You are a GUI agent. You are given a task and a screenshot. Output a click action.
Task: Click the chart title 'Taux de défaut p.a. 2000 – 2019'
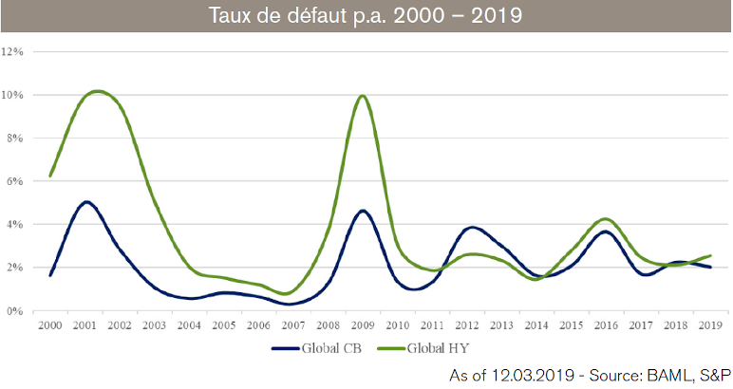(366, 17)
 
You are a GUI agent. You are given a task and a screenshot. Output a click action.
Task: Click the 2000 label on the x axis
(49, 324)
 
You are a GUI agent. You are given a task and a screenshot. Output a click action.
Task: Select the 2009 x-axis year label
(362, 324)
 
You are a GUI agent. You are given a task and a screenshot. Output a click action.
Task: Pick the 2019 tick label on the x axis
(708, 324)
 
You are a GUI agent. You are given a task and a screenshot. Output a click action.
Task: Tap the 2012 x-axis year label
(466, 324)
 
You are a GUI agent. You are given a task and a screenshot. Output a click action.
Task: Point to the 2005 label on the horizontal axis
(223, 324)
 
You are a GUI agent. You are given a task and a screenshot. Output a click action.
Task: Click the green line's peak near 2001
(98, 91)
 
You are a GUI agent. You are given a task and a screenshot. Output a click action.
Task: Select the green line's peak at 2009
(361, 96)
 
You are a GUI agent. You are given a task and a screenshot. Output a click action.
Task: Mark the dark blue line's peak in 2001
(85, 202)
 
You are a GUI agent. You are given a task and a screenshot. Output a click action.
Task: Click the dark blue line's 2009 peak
(362, 211)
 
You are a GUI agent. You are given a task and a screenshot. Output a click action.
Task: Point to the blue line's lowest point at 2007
(290, 305)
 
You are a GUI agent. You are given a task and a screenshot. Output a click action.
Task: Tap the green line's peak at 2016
(606, 219)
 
